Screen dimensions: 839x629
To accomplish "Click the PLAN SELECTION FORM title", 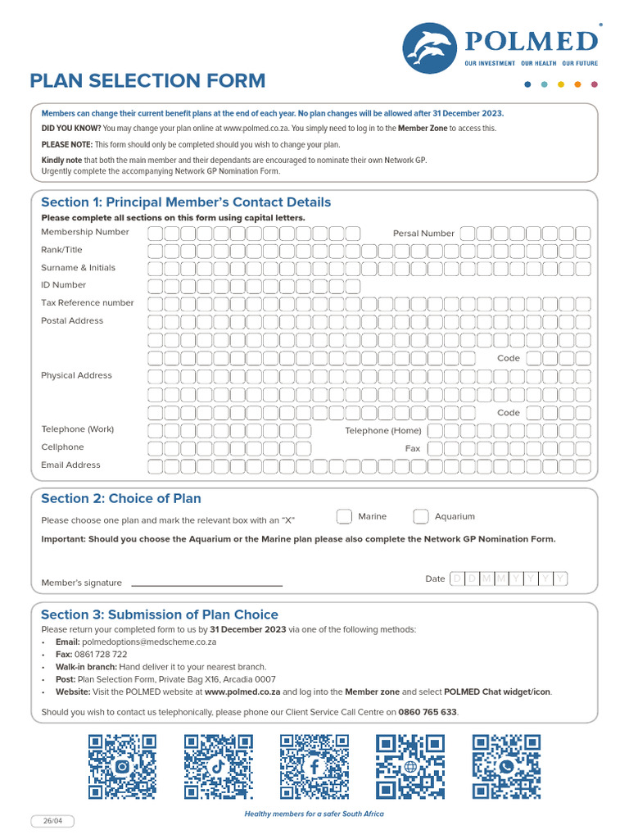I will point(147,80).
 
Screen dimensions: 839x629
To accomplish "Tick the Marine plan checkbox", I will point(344,516).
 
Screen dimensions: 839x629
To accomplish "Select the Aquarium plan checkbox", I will point(420,516).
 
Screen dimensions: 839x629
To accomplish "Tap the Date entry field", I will point(508,579).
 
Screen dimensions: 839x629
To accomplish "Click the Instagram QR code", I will point(122,766).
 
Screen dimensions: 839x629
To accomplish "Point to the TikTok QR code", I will point(218,766).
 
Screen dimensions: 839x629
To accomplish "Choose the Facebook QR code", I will point(314,766).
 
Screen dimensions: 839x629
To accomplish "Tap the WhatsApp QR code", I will point(506,766).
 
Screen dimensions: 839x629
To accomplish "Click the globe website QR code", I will point(410,766).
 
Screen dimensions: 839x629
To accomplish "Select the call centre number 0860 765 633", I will point(427,712).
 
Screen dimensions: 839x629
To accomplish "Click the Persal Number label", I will point(423,234).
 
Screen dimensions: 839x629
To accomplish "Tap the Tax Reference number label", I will point(87,302).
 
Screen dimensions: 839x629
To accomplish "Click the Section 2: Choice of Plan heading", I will point(120,498).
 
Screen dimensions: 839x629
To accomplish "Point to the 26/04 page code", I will point(47,822).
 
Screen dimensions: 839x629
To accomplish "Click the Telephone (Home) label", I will point(382,430).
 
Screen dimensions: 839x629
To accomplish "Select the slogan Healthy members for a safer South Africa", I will point(314,814).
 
